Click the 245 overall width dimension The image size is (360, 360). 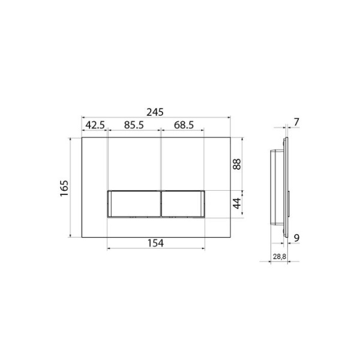pos(155,112)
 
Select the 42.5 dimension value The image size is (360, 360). pos(95,125)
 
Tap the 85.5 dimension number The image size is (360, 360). pos(134,125)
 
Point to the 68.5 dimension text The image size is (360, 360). pos(184,125)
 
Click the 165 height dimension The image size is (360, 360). pos(64,188)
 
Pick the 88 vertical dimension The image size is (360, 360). pos(237,164)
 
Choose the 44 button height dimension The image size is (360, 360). pos(237,203)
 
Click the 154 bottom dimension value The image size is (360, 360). pos(155,243)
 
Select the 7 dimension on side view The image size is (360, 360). pos(296,122)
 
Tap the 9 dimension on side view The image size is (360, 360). pos(296,238)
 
